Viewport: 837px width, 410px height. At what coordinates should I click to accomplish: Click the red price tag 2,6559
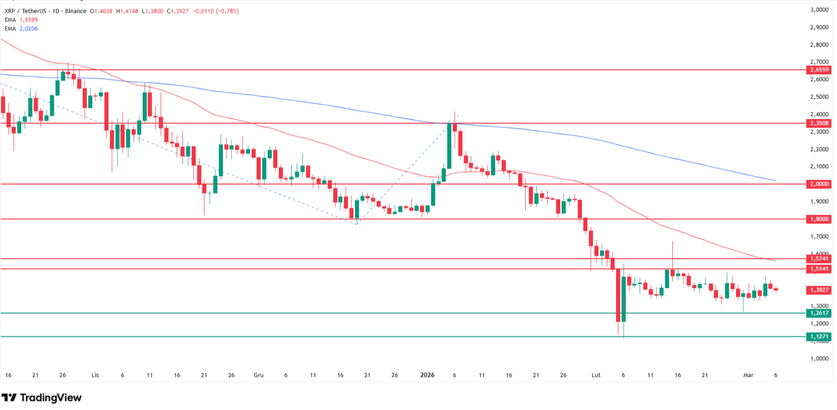click(x=818, y=70)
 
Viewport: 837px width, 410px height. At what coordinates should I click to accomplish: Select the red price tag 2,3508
click(x=818, y=123)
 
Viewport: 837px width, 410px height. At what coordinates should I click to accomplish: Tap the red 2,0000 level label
click(x=818, y=184)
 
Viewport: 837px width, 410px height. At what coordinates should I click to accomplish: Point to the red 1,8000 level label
click(x=818, y=219)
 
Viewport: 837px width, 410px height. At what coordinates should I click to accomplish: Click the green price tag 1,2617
click(x=818, y=313)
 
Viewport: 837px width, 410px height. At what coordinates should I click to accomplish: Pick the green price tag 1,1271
click(x=818, y=337)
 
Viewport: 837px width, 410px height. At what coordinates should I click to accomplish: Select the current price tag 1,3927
click(x=818, y=290)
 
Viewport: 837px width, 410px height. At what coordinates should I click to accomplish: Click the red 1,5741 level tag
click(x=818, y=258)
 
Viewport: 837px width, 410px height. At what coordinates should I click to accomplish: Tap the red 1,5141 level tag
click(x=818, y=269)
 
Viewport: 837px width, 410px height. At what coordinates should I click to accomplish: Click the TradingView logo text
click(x=50, y=398)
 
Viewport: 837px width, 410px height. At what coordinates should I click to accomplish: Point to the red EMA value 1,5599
click(x=29, y=20)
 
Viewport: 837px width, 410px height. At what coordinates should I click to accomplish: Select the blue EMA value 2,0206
click(x=29, y=29)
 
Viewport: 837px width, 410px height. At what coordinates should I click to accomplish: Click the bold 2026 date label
click(x=427, y=375)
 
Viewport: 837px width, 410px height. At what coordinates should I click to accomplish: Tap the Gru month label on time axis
click(x=259, y=375)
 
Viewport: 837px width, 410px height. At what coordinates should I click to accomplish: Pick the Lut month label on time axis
click(x=596, y=375)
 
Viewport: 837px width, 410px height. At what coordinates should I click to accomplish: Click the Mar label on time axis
click(x=748, y=375)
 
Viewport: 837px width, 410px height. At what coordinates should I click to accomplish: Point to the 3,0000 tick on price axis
click(x=819, y=10)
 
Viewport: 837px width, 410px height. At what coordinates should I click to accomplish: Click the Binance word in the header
click(x=75, y=11)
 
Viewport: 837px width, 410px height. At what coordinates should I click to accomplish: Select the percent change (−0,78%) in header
click(x=227, y=11)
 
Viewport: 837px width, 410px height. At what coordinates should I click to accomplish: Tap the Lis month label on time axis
click(x=95, y=375)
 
